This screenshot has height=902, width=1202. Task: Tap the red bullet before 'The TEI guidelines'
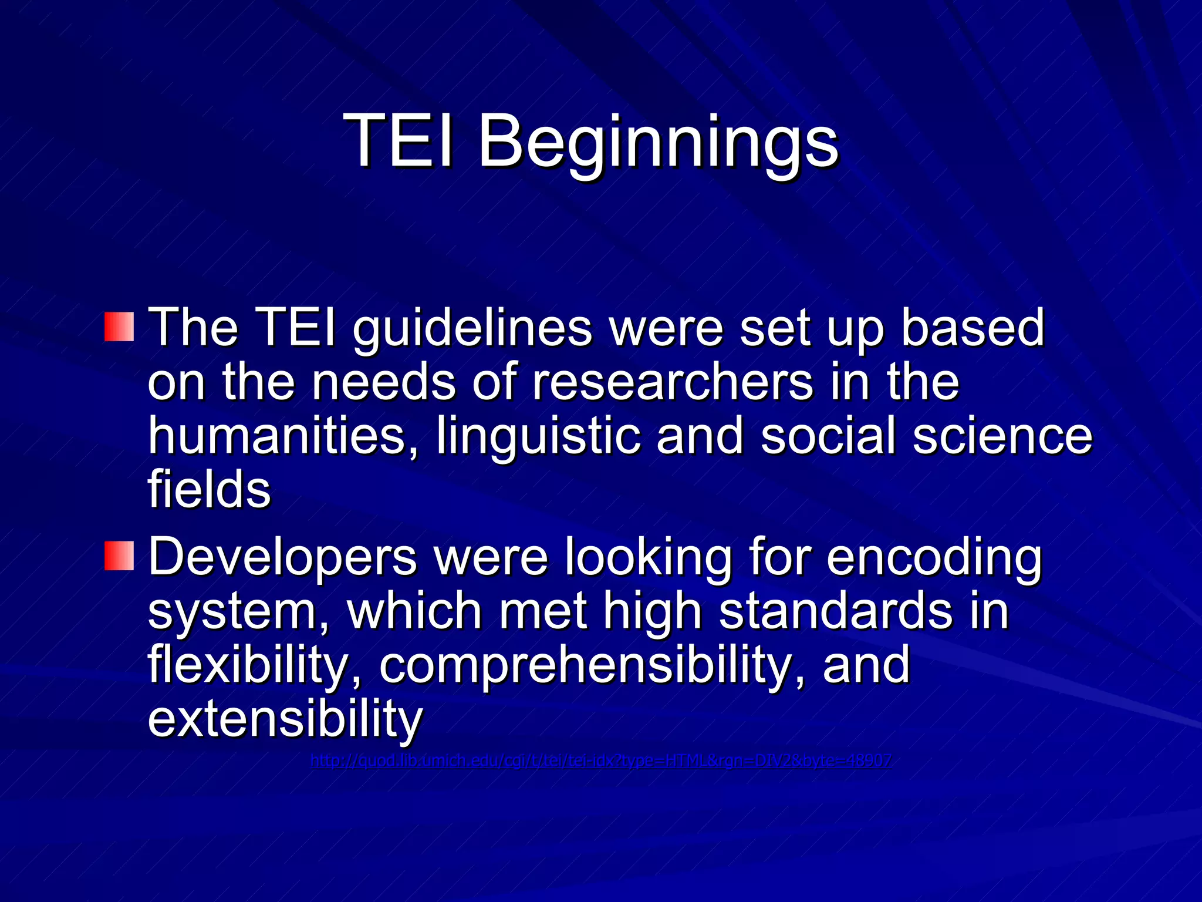coord(120,327)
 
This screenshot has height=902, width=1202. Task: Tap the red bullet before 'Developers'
coord(120,556)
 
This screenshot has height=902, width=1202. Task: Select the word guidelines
coord(472,329)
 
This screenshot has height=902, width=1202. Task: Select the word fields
coord(209,490)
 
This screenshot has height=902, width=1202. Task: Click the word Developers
coord(282,558)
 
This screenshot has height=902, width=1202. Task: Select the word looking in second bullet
coord(649,558)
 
